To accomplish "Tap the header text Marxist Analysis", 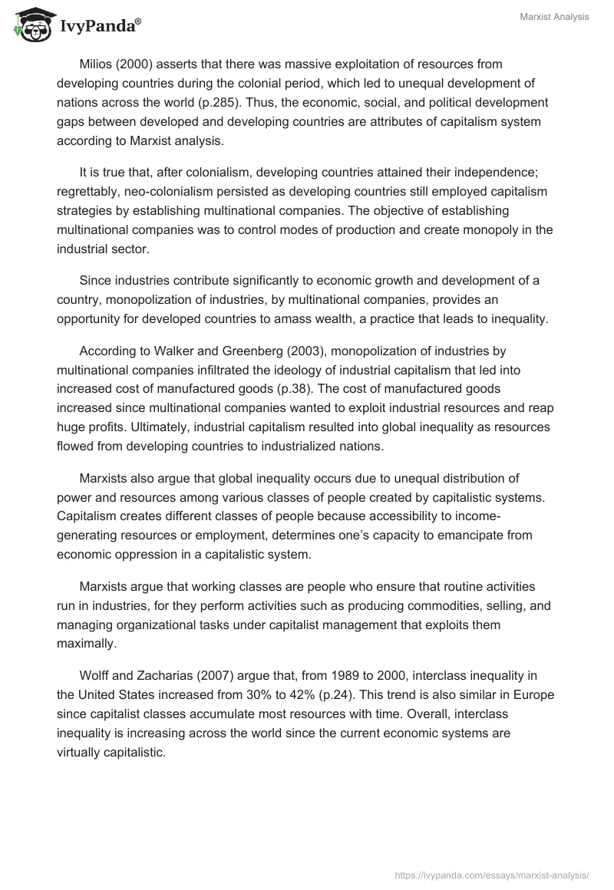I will click(x=553, y=17).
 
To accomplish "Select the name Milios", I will click(x=97, y=64).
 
